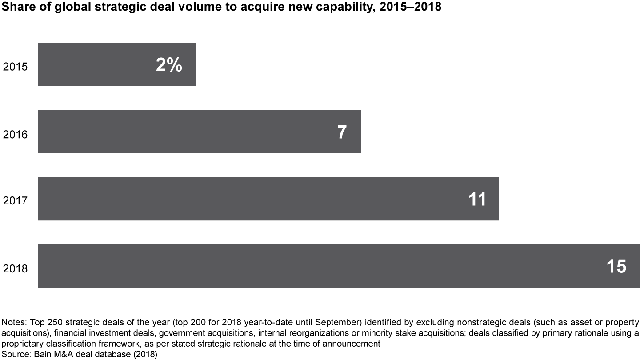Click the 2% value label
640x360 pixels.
pyautogui.click(x=169, y=65)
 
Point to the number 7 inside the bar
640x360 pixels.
pyautogui.click(x=341, y=132)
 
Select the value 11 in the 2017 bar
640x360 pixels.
pyautogui.click(x=477, y=200)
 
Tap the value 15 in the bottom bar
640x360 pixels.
pyautogui.click(x=616, y=267)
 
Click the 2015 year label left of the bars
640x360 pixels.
pyautogui.click(x=15, y=67)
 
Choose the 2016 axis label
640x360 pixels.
pyautogui.click(x=15, y=134)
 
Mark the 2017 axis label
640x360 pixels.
pyautogui.click(x=15, y=201)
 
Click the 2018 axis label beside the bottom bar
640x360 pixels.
pyautogui.click(x=15, y=269)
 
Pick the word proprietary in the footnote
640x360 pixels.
pyautogui.click(x=22, y=344)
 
